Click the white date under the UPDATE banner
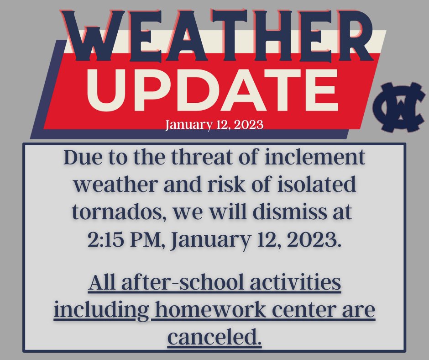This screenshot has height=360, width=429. (214, 124)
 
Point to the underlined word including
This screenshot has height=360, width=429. (100, 311)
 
